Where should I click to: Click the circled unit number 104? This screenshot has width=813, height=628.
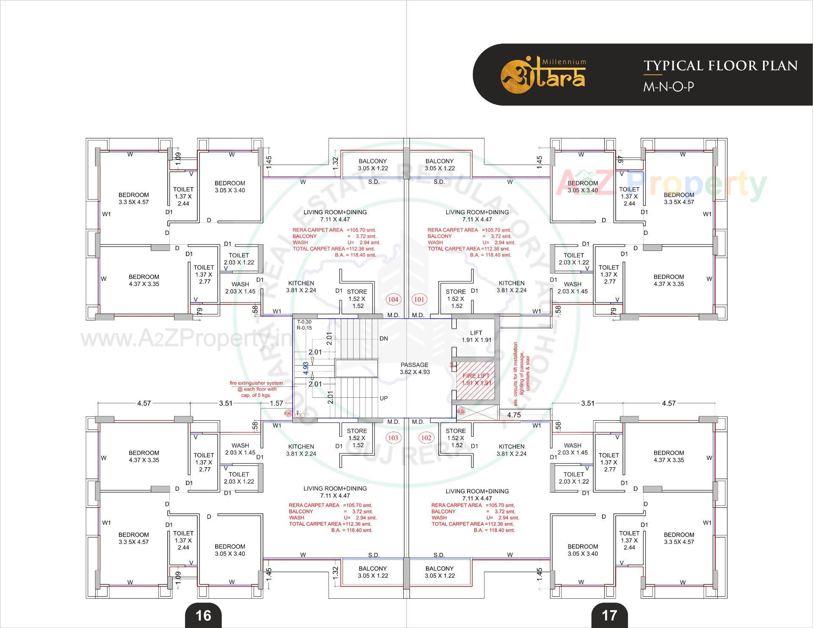point(393,300)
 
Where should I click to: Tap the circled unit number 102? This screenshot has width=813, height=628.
point(426,438)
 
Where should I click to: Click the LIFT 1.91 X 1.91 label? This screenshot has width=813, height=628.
point(476,336)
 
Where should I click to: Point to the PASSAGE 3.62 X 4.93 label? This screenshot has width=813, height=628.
point(415,368)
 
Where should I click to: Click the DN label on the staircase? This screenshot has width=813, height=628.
point(384,339)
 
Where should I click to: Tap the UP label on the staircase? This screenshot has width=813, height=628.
point(384,398)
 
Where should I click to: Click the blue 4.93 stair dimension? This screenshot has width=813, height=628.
point(306,368)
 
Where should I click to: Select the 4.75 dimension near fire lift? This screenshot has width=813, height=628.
point(514,415)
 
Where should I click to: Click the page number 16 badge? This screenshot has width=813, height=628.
point(203,615)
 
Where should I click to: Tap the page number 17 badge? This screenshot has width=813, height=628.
point(609,615)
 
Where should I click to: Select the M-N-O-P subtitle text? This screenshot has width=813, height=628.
point(669,87)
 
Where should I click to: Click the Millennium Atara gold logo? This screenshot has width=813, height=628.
point(544,75)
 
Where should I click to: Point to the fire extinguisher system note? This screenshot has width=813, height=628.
point(256,389)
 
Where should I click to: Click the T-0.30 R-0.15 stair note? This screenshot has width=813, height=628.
point(304,325)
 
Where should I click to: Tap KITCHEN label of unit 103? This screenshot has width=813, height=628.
point(301,450)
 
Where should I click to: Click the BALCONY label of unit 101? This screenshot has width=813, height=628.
point(440,164)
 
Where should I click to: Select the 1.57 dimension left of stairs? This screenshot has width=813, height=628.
point(277,403)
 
